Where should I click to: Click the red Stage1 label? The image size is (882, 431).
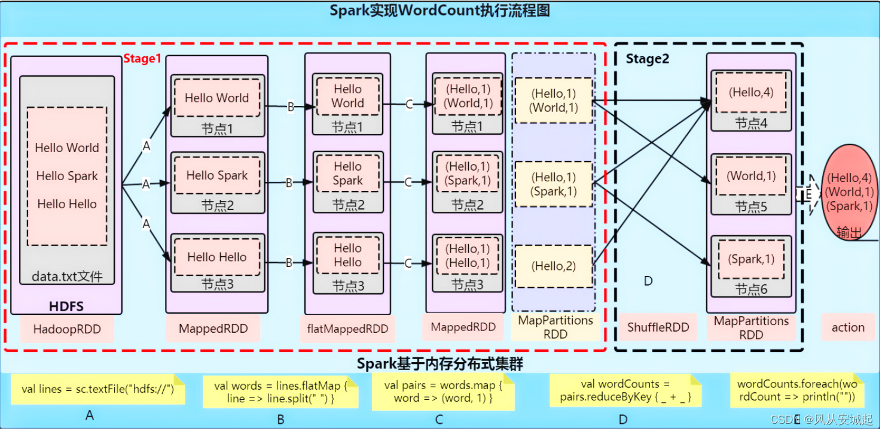tap(142, 59)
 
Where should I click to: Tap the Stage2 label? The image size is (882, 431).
tap(647, 59)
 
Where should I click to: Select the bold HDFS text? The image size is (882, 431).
tap(66, 306)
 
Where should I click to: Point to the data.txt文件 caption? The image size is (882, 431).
tap(67, 277)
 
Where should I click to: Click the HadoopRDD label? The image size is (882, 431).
tap(67, 329)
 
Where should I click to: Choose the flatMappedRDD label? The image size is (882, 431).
tap(347, 329)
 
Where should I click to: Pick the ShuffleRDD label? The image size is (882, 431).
tap(658, 327)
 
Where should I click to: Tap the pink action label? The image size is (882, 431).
tap(847, 327)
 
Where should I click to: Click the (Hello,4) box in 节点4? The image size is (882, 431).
tap(751, 92)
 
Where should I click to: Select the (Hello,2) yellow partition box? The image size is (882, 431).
tap(553, 266)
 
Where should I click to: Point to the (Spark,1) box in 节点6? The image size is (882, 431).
tap(751, 259)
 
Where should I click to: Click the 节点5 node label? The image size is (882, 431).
tap(751, 207)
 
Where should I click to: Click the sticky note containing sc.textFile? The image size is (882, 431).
tap(97, 389)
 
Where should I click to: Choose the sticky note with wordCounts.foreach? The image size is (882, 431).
tap(796, 390)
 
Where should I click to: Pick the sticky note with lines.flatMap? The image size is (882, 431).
tap(280, 392)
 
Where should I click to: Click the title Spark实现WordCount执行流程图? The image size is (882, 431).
tap(440, 11)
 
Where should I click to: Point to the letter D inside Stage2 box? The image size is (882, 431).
tap(648, 280)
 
